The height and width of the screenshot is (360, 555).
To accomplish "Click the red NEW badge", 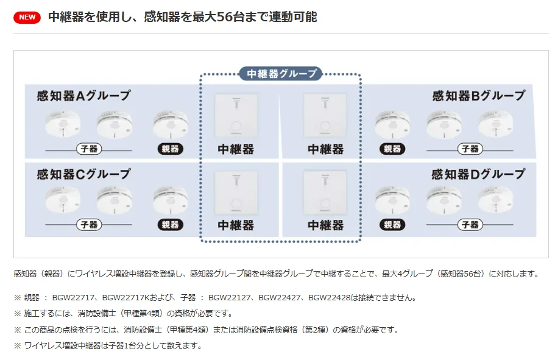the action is pos(27,17).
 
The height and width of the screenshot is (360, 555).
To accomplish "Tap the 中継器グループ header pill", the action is pos(281,74).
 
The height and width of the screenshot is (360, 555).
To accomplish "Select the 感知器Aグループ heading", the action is pos(84,96).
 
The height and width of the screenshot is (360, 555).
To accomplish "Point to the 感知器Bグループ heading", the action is pos(478,96).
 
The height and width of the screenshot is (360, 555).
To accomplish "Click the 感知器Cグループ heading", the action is pos(84,174).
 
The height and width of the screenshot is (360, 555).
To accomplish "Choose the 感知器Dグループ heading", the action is pos(478,174).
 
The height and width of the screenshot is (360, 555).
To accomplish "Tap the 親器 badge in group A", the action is pos(170,149).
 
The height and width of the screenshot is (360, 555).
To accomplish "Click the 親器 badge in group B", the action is pos(392,149).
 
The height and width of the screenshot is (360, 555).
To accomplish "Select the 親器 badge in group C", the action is pos(170,225).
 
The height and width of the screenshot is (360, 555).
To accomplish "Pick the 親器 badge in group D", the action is pos(392,225).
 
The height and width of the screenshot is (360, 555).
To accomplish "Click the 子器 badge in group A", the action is pos(89,149).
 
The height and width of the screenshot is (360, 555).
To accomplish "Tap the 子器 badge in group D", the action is pos(470,225).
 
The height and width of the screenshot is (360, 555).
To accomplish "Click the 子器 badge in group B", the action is pos(470,149).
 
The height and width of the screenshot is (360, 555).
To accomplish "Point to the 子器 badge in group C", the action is pos(89,225).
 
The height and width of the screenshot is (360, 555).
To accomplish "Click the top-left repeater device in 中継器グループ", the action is pos(236,116).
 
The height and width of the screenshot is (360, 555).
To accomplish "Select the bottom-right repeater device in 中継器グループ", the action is pos(325,193).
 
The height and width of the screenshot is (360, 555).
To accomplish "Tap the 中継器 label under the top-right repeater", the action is pos(326,149).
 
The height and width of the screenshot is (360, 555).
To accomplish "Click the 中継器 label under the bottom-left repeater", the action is pos(236,225).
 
